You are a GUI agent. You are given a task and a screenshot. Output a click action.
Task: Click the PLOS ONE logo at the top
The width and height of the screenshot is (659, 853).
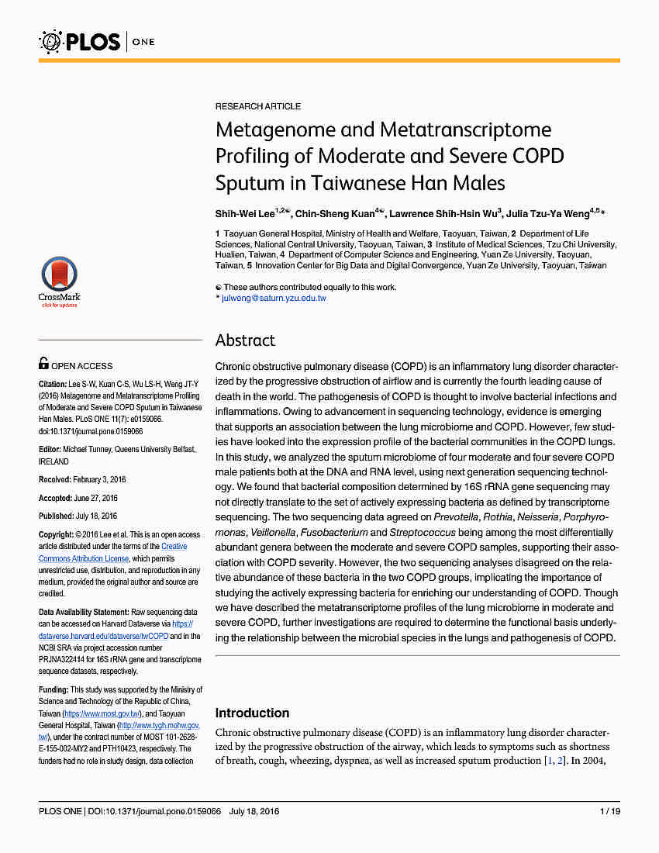(97, 40)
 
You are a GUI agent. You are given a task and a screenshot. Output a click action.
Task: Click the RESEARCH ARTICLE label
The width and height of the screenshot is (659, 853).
(258, 106)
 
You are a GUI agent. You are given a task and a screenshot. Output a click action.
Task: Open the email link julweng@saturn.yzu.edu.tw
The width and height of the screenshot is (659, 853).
(274, 298)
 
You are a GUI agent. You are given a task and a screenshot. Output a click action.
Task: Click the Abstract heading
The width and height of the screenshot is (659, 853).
(245, 340)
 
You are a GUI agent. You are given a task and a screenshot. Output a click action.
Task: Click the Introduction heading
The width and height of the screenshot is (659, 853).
(252, 713)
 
